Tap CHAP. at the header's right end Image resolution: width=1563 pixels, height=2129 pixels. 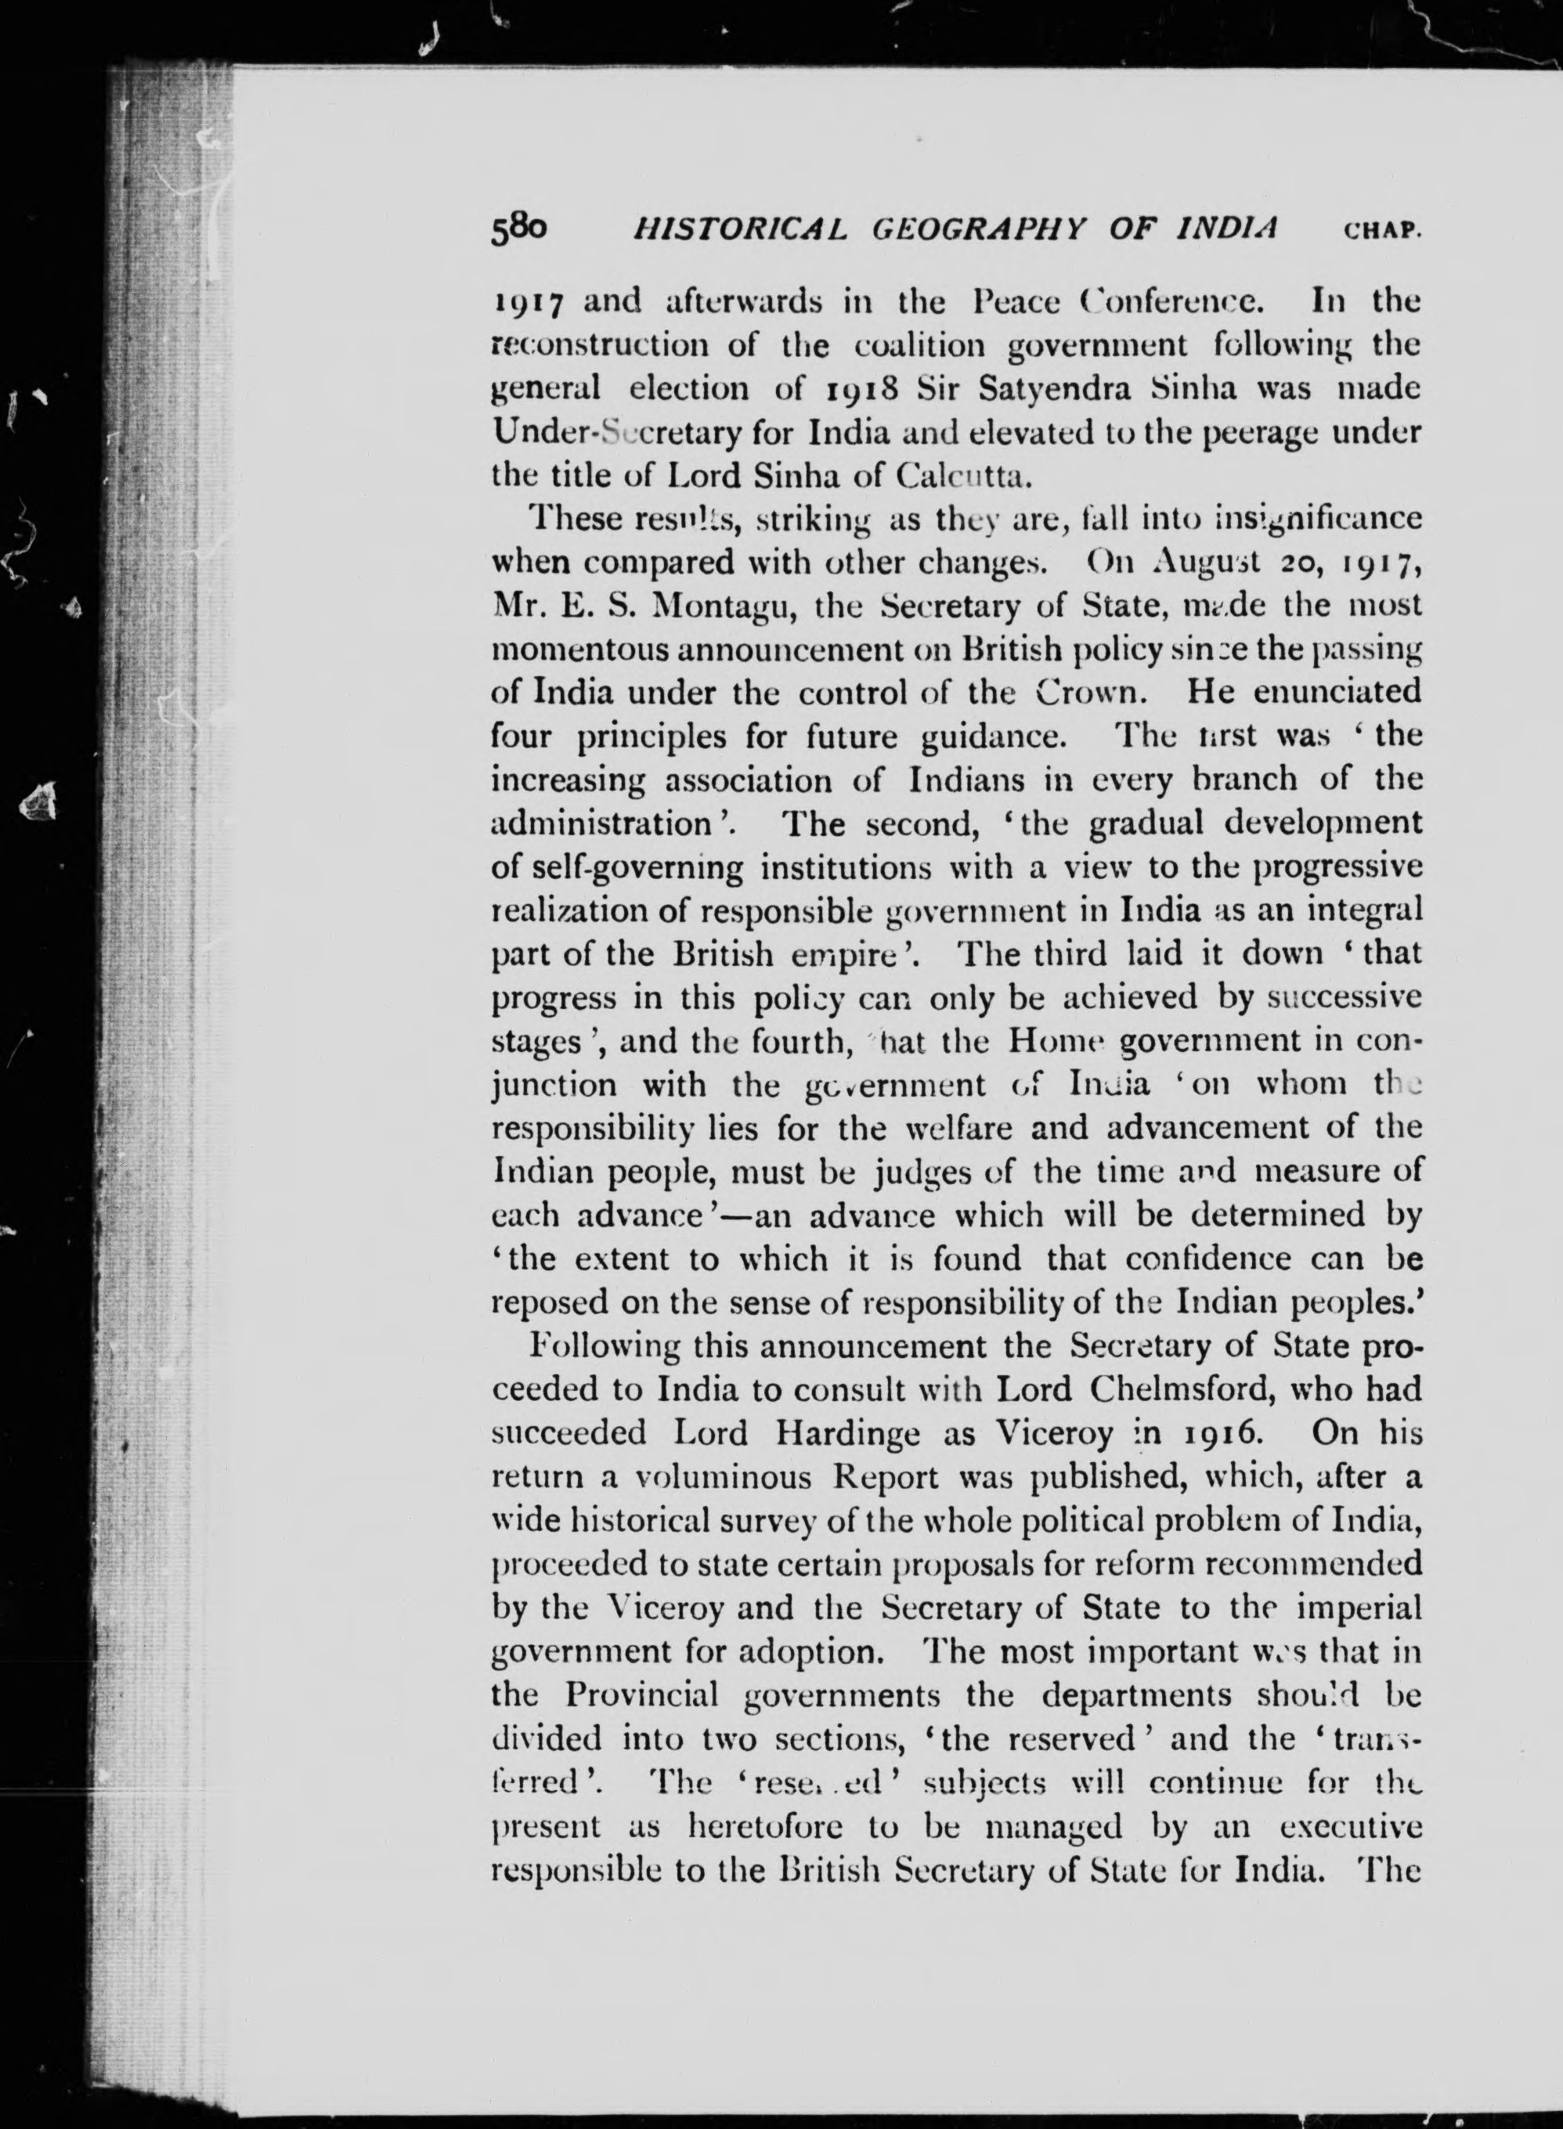point(1382,231)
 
